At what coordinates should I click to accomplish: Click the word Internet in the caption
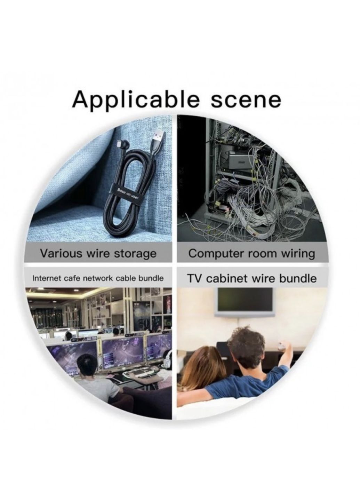pos(45,279)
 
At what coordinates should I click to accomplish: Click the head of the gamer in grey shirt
pos(87,366)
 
